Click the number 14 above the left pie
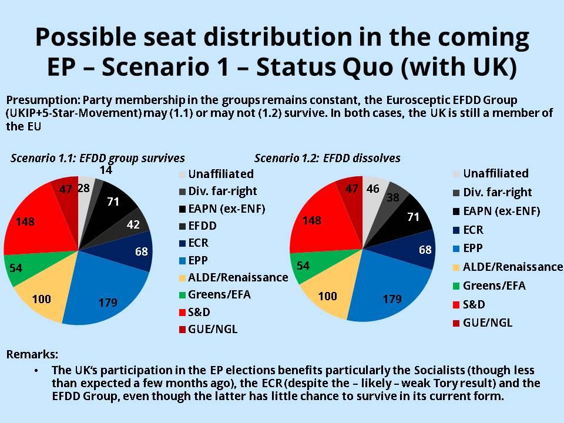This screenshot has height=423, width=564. (106, 170)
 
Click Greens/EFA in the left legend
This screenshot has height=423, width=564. (224, 294)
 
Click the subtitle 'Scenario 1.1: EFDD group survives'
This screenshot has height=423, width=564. (97, 158)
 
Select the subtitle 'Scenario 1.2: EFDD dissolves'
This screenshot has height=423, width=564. (327, 158)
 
